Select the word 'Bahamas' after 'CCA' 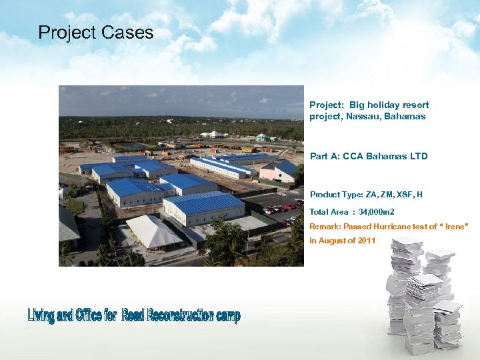click(382, 157)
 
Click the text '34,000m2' click(375, 212)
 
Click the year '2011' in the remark click(365, 241)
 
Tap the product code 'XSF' click(405, 195)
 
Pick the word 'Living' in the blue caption click(41, 315)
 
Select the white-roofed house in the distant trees click(213, 134)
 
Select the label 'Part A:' click(323, 157)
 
